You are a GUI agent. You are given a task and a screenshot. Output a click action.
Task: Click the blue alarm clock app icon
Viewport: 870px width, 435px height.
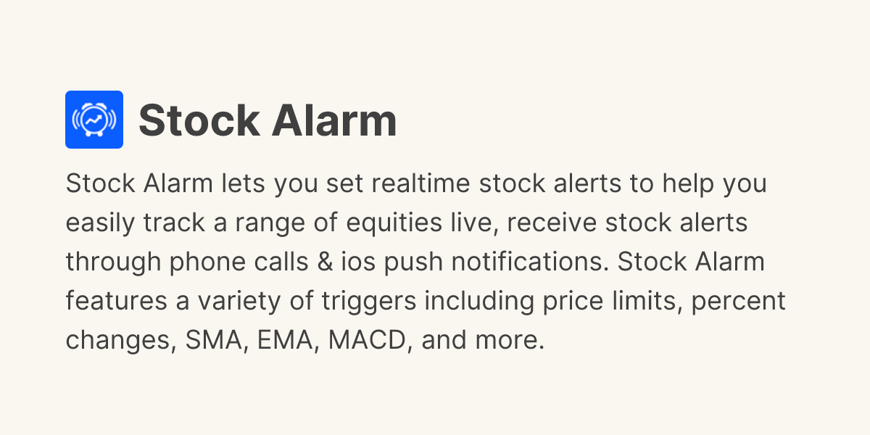[94, 120]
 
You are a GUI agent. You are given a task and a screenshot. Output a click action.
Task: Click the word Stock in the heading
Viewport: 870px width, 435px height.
[199, 120]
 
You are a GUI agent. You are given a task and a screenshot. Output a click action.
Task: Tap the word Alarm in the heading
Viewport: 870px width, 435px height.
[333, 120]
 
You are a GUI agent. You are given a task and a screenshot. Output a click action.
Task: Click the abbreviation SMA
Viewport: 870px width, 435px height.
[213, 340]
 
